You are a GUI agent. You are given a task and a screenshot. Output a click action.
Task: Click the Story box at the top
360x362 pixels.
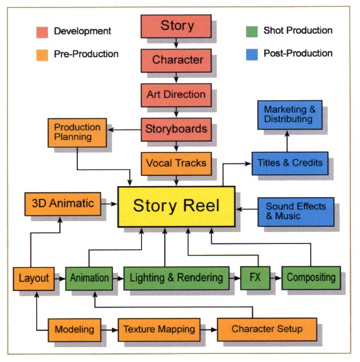[x=177, y=26]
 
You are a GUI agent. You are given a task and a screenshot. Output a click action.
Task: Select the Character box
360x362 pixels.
[x=177, y=59]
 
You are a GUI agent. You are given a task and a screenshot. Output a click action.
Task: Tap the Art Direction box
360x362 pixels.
[x=177, y=94]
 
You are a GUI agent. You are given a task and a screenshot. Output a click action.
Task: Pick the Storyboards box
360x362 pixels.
[x=177, y=129]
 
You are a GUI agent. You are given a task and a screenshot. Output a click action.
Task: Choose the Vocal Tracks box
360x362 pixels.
[x=177, y=163]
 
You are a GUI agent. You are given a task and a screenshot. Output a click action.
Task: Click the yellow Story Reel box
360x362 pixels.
[x=176, y=206]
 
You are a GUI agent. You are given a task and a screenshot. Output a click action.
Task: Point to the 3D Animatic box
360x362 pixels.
[x=63, y=203]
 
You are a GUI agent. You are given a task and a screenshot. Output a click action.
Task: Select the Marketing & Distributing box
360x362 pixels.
[x=288, y=115]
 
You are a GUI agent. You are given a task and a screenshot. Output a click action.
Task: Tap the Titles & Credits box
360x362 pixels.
[x=290, y=163]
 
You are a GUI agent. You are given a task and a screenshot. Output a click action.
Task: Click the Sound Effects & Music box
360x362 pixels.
[x=296, y=210]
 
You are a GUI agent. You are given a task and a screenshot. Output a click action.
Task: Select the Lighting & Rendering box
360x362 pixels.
[x=176, y=278]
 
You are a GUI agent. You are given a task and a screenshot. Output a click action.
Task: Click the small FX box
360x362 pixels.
[x=255, y=278]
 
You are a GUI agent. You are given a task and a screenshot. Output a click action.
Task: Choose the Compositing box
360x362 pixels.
[x=311, y=278]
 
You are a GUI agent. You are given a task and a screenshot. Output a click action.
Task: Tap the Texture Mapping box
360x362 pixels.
[x=159, y=329]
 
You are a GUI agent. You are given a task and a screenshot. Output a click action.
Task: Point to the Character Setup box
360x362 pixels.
[x=267, y=329]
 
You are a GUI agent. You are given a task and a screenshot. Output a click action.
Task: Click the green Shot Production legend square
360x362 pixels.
[x=249, y=32]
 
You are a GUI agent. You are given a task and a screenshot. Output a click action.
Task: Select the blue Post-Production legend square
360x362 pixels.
[x=249, y=54]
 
